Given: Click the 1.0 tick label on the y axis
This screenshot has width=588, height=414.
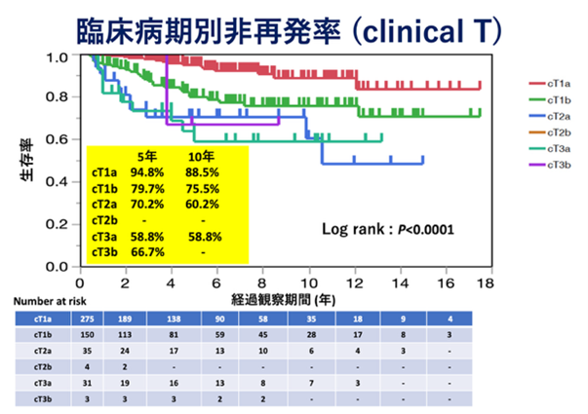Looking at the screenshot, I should (59, 57).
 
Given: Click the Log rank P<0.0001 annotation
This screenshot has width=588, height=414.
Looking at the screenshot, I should (388, 231).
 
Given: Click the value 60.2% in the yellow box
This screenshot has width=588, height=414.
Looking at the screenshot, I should (201, 204).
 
